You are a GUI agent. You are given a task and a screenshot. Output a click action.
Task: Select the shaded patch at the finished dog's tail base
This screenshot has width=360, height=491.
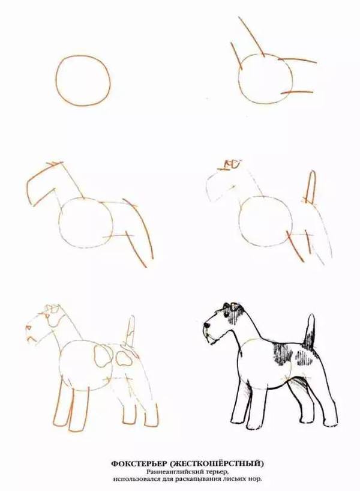coord(309,342)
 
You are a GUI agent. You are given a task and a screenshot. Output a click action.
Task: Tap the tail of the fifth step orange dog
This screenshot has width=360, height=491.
coord(130,333)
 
